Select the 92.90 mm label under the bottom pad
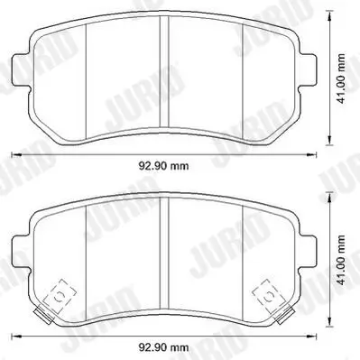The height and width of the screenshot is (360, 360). click(163, 346)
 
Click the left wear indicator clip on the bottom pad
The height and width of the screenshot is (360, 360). click(59, 293)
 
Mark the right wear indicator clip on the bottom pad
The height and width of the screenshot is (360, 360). click(268, 293)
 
